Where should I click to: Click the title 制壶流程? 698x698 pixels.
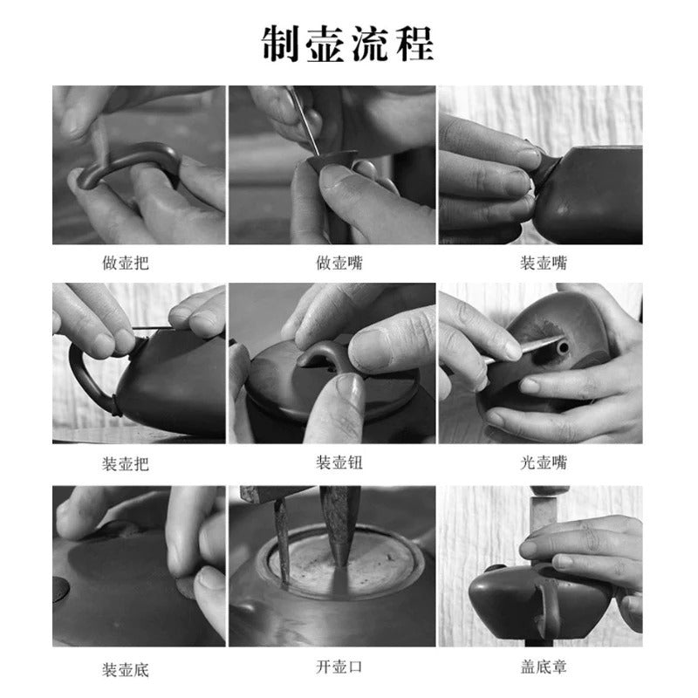coord(347,44)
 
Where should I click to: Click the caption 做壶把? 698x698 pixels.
coord(126,263)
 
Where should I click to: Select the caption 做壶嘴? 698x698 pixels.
coord(339,263)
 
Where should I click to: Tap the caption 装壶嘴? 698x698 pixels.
coord(544,263)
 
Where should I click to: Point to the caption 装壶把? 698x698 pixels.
coord(126,464)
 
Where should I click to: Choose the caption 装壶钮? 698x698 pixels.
coord(339,463)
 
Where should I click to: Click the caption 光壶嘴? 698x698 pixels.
coord(544,463)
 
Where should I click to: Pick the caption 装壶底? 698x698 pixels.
coord(126,669)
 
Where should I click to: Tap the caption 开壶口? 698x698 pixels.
coord(339,667)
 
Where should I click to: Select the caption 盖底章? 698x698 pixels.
coord(544,667)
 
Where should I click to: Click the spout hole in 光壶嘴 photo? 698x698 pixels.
coord(564,346)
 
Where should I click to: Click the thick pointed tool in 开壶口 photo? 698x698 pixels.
coord(340,525)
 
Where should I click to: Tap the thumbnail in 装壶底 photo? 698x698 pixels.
coord(209,579)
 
